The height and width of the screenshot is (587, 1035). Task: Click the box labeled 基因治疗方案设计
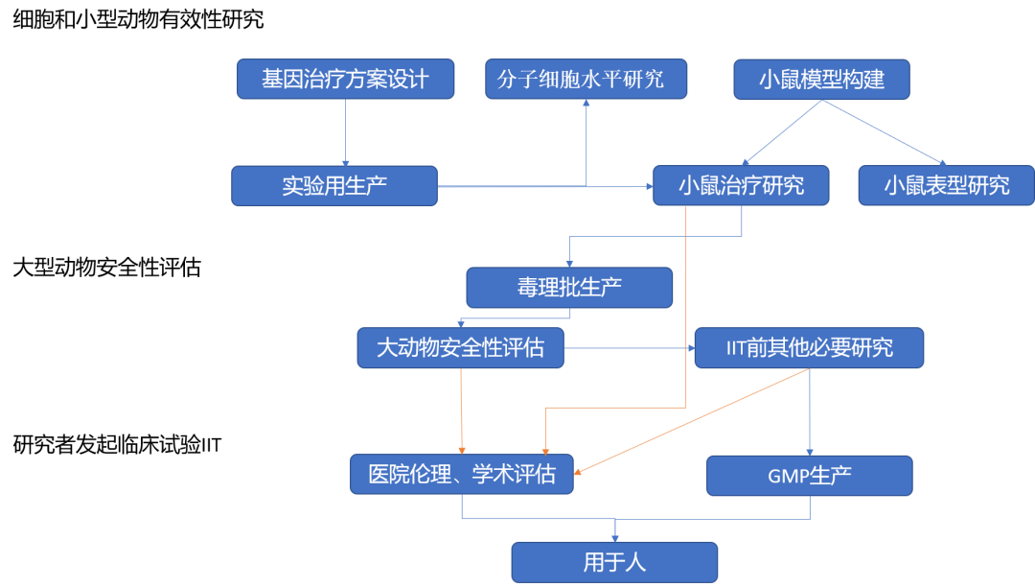345,79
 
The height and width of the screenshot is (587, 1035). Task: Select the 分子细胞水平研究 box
586,79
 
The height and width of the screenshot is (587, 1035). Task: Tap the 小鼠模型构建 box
821,80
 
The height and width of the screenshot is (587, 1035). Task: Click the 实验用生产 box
333,186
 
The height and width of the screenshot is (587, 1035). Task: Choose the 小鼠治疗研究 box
741,185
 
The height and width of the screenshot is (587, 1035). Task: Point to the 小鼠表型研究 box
946,185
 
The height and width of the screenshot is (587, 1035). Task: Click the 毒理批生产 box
569,288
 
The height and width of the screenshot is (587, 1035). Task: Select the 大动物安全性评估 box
460,348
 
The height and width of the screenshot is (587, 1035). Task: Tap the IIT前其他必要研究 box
808,348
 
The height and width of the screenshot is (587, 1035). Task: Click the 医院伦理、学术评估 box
461,474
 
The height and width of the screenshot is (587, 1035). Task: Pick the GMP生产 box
809,476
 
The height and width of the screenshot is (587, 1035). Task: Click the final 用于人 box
613,562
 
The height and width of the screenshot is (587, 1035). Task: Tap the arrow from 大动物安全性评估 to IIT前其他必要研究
628,348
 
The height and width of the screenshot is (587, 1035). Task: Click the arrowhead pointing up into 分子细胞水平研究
586,104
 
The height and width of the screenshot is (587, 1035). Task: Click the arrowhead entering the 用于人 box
614,536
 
